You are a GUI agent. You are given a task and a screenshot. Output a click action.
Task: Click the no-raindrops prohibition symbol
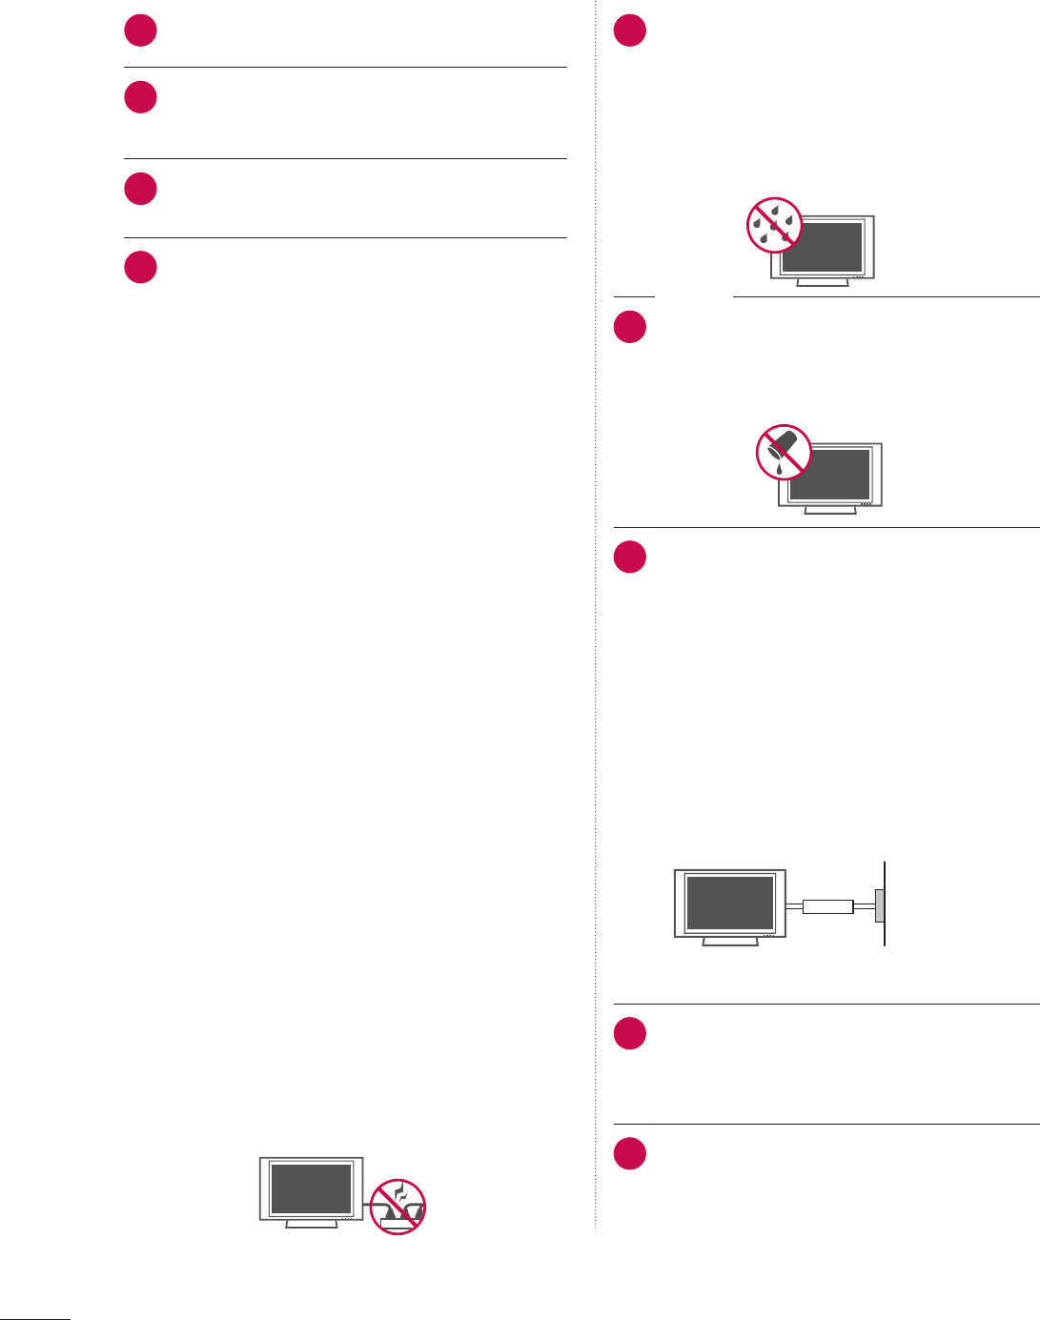coord(774,225)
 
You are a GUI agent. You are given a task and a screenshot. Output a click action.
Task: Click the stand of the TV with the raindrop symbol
coord(822,283)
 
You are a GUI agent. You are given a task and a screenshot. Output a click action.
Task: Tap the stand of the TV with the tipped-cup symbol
coord(830,510)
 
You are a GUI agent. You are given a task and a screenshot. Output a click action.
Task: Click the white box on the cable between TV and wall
coord(826,906)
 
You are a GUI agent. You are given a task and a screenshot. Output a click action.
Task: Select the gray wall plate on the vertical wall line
coord(880,906)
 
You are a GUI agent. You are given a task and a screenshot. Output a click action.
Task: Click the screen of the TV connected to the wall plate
coord(730,903)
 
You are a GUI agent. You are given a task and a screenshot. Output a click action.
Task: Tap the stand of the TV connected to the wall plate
coord(730,942)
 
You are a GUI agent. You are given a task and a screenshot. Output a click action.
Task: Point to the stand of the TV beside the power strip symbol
coord(312,1224)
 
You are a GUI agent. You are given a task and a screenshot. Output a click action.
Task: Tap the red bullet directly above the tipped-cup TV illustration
coord(630,327)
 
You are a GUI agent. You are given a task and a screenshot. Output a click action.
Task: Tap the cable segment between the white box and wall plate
coord(865,906)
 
